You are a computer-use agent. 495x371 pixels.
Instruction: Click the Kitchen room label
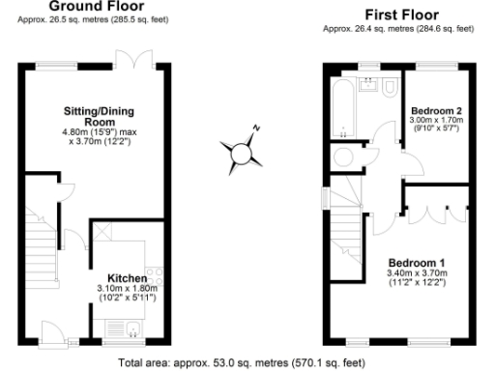pos(127,277)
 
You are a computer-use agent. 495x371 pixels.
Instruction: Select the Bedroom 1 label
pos(417,263)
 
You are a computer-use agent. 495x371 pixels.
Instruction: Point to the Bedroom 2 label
pos(436,111)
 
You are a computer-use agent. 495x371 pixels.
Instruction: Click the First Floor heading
pos(399,14)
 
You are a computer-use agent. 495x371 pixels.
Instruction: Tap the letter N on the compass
pos(256,128)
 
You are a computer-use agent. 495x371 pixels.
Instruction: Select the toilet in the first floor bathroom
pos(388,90)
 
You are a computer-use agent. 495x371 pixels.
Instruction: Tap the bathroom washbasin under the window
pos(367,85)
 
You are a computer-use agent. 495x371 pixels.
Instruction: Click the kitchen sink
pos(133,333)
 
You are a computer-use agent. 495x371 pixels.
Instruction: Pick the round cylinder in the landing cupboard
pos(344,156)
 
